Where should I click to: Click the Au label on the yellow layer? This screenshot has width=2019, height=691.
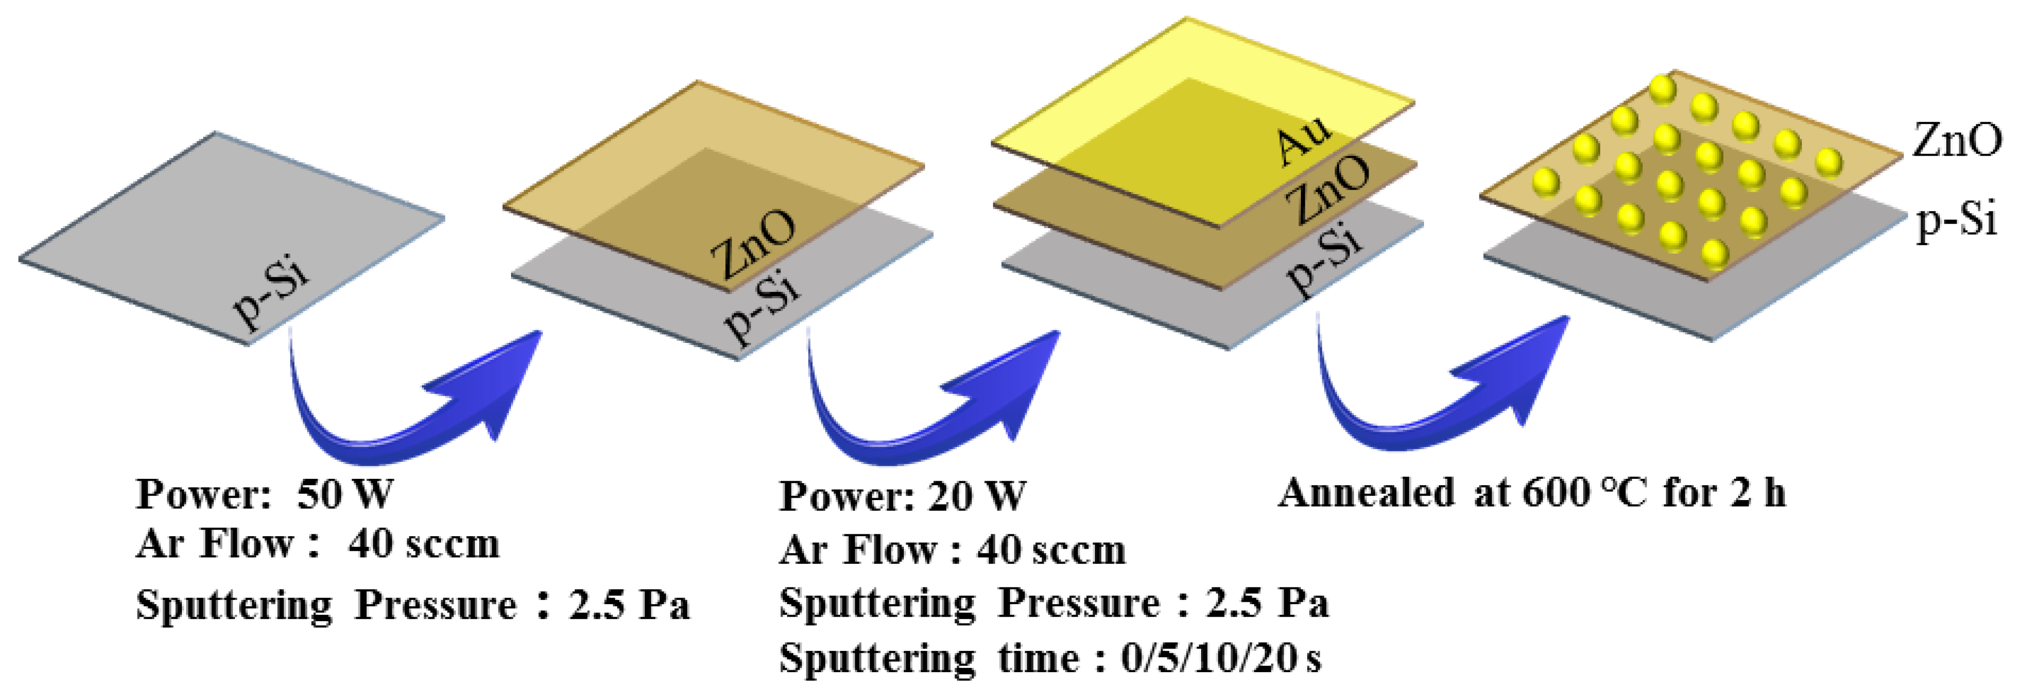(1302, 140)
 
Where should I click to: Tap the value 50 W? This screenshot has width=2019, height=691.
(345, 494)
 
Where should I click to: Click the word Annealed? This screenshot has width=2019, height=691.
(1365, 494)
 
